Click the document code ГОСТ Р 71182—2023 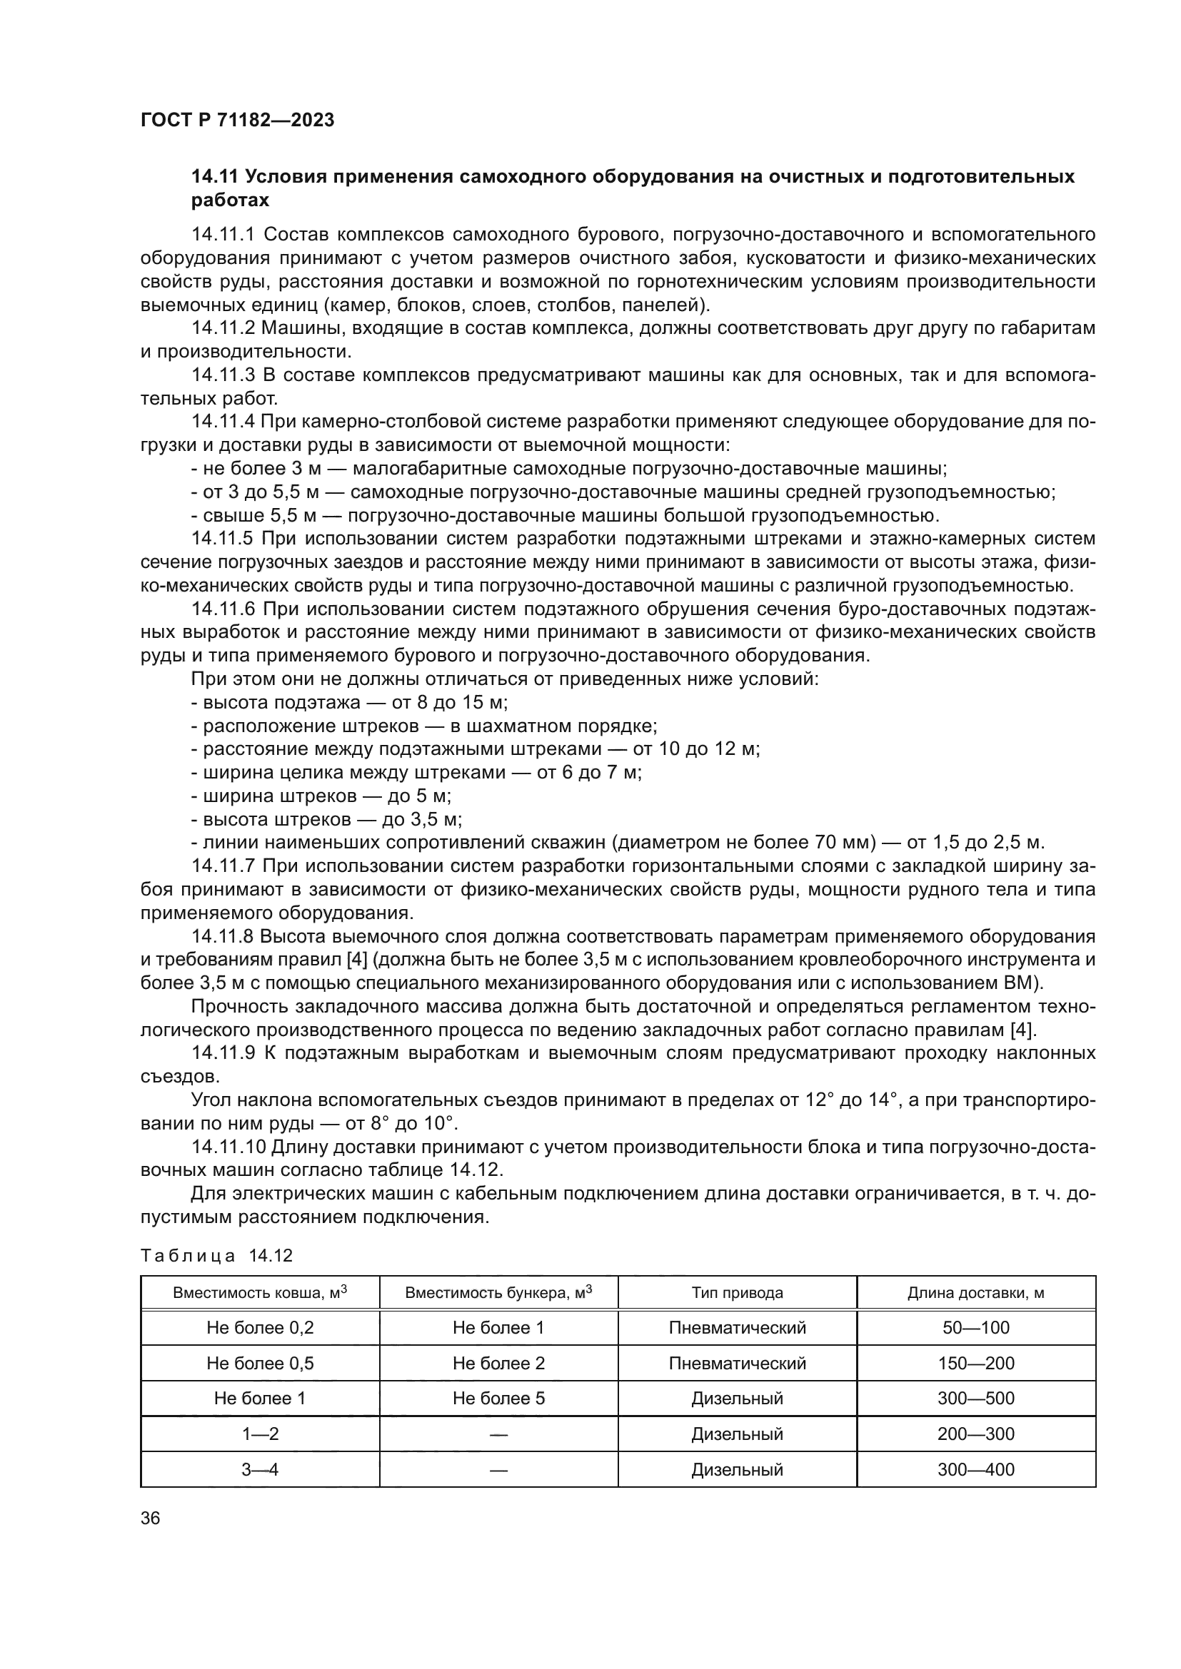click(x=237, y=120)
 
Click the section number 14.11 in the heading click(x=215, y=177)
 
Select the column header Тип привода click(x=737, y=1293)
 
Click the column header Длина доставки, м click(x=975, y=1293)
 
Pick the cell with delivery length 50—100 click(x=975, y=1328)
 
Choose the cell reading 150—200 click(x=975, y=1364)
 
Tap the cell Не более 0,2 click(x=260, y=1328)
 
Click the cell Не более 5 click(x=498, y=1399)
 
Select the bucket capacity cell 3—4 click(x=260, y=1470)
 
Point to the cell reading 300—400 click(x=975, y=1470)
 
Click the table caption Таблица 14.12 click(x=216, y=1256)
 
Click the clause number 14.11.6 click(x=223, y=609)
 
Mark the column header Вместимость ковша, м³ click(x=260, y=1293)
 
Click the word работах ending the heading click(x=230, y=201)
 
